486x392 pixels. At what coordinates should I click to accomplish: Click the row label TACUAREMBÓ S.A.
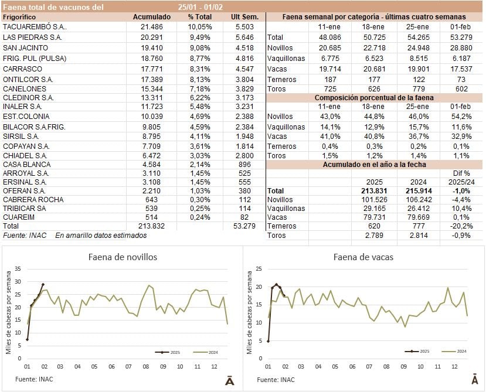pos(35,27)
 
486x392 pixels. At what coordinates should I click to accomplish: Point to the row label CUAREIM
pos(19,217)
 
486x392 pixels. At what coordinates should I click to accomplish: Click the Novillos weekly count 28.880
pos(457,47)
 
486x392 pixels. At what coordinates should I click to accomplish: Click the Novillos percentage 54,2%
pos(457,117)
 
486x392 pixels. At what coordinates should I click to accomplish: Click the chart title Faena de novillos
pos(123,257)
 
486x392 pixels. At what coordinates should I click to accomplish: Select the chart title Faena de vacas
pos(363,257)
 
